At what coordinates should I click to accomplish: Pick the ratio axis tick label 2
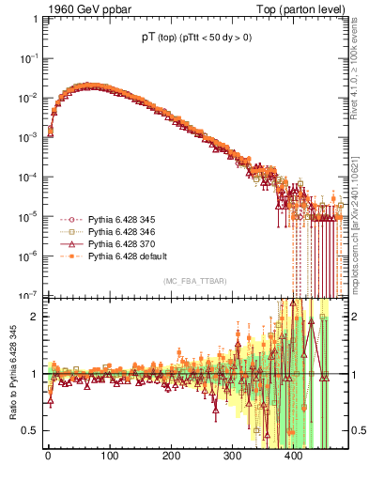(x=33, y=316)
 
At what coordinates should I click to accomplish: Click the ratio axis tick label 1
(x=33, y=373)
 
